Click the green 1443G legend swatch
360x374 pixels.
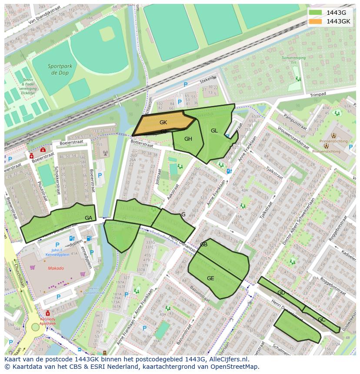[x=316, y=13]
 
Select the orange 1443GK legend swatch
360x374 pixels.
[x=316, y=21]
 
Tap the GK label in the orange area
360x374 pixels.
[x=163, y=122]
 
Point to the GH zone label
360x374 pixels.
[x=188, y=139]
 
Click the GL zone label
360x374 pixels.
[x=214, y=131]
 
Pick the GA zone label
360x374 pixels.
[x=88, y=218]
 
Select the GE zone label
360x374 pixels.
[x=210, y=278]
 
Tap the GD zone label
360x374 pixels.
[x=281, y=293]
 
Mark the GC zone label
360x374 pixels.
[x=321, y=320]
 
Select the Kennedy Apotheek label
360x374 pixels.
[x=48, y=321]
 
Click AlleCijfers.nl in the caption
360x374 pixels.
[x=227, y=359]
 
